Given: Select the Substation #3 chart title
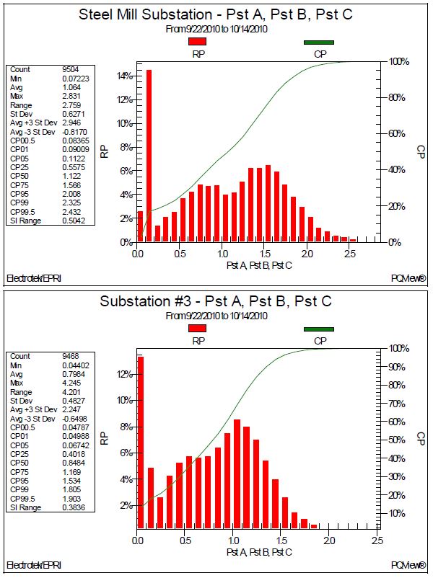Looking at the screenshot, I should click(x=216, y=301).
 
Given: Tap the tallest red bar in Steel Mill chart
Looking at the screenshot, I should click(x=149, y=156).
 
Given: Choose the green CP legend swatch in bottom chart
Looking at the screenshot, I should click(x=318, y=329).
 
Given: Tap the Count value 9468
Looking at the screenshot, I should click(x=71, y=356).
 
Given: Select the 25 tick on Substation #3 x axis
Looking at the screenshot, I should click(x=376, y=541).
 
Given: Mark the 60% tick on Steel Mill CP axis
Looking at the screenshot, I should click(x=400, y=134).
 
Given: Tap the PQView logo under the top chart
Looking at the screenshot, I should click(x=411, y=277).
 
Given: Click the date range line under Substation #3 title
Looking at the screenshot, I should click(x=216, y=316).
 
